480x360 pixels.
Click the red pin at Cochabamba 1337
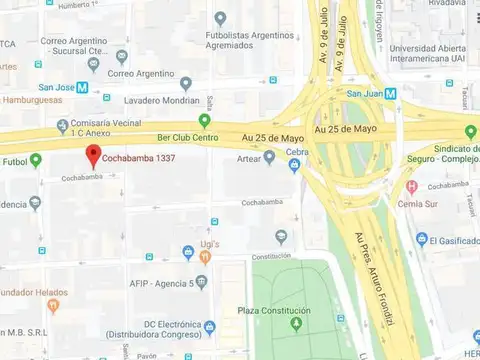click(93, 155)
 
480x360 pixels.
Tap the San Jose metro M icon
click(82, 87)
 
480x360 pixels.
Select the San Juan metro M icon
click(390, 93)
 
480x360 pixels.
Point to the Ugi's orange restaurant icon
click(204, 257)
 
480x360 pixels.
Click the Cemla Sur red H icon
click(411, 187)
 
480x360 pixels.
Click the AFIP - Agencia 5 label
click(149, 283)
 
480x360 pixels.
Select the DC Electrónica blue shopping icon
click(209, 327)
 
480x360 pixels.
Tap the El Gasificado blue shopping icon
click(422, 239)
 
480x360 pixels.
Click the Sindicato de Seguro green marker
click(470, 132)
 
